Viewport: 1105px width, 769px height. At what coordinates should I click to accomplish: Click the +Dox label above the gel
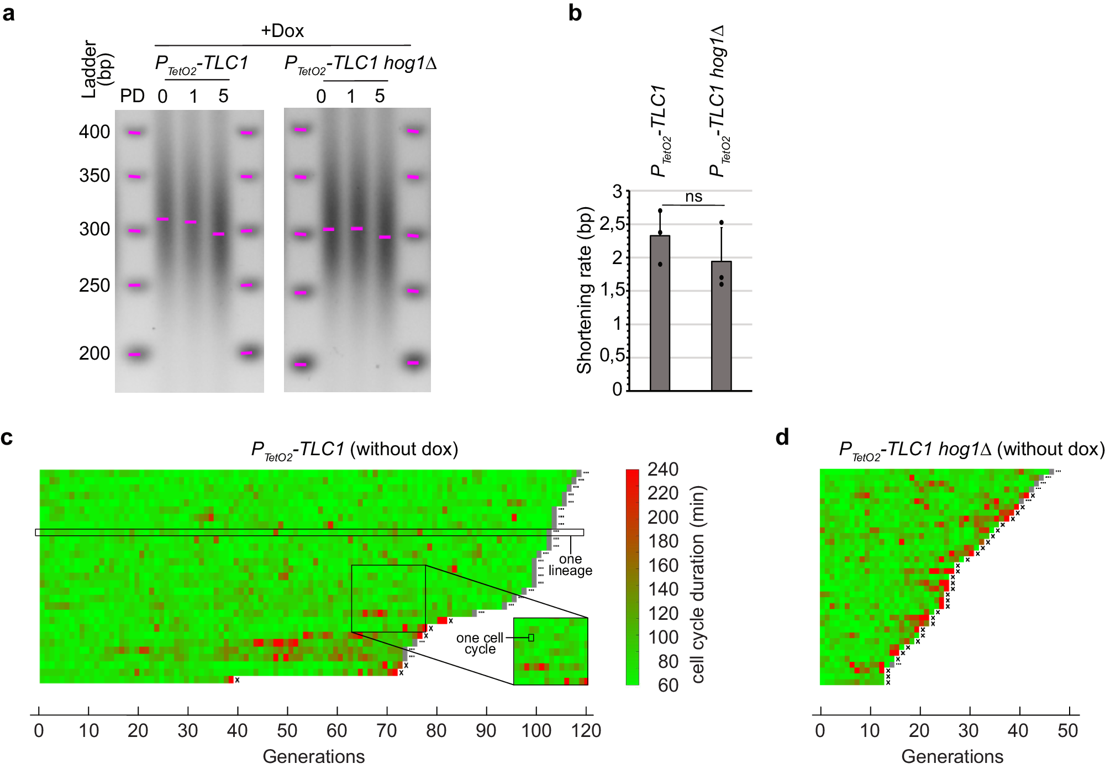pyautogui.click(x=282, y=31)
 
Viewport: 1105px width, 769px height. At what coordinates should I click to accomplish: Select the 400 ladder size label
pyautogui.click(x=94, y=132)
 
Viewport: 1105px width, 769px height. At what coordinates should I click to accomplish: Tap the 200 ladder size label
pyautogui.click(x=94, y=354)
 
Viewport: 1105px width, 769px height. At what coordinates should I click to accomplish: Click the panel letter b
pyautogui.click(x=575, y=13)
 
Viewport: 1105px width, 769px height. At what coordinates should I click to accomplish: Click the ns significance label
pyautogui.click(x=693, y=197)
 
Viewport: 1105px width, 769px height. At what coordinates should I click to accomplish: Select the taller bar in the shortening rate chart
pyautogui.click(x=660, y=313)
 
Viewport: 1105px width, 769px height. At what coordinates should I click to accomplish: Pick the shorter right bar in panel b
pyautogui.click(x=721, y=326)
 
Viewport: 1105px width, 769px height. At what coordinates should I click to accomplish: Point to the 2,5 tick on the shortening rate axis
pyautogui.click(x=612, y=224)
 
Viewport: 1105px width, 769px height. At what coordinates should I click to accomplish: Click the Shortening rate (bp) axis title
pyautogui.click(x=585, y=290)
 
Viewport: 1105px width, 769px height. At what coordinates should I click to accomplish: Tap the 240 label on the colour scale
pyautogui.click(x=662, y=470)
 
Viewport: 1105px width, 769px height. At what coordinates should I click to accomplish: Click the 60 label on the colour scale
pyautogui.click(x=668, y=686)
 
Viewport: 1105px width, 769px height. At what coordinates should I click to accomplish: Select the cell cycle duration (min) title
pyautogui.click(x=698, y=584)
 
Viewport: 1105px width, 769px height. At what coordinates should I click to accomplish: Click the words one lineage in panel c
pyautogui.click(x=570, y=565)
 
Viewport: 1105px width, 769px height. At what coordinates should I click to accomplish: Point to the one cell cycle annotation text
pyautogui.click(x=480, y=644)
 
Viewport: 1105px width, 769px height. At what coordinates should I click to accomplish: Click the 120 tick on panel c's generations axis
pyautogui.click(x=586, y=731)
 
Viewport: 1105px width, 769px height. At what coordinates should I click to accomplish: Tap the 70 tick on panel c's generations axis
pyautogui.click(x=387, y=731)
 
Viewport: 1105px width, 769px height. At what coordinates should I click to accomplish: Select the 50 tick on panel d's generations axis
pyautogui.click(x=1067, y=731)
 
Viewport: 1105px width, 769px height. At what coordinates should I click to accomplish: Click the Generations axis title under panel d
pyautogui.click(x=952, y=756)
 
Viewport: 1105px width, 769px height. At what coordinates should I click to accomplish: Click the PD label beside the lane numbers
pyautogui.click(x=133, y=96)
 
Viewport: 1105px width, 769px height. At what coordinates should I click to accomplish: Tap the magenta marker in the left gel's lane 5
pyautogui.click(x=219, y=234)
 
